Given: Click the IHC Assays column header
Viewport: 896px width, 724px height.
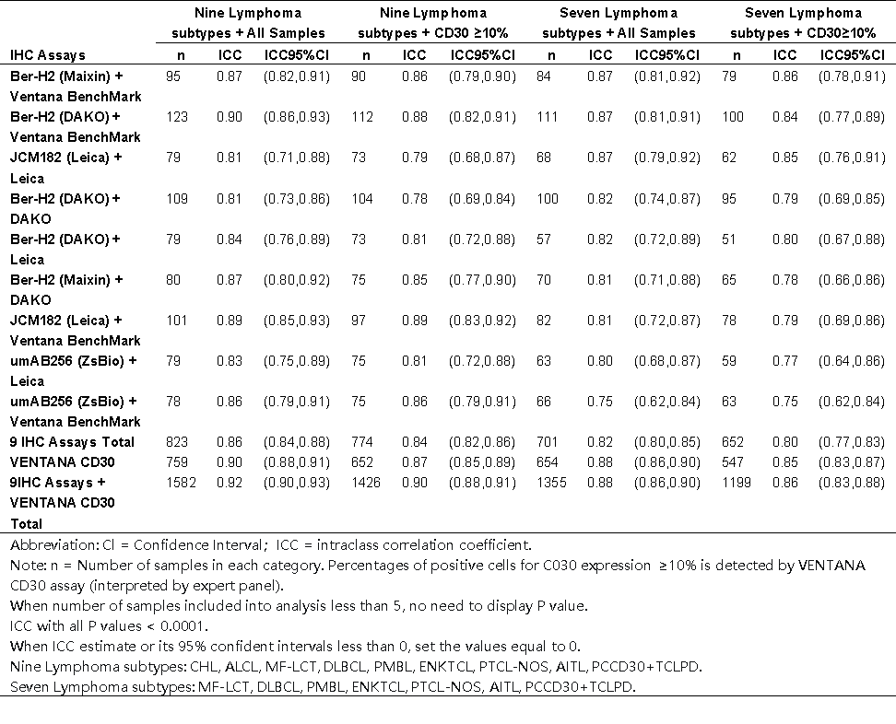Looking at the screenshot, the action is tap(48, 55).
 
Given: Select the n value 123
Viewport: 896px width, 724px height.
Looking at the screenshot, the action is tap(177, 117).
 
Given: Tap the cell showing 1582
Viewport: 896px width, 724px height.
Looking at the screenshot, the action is tap(181, 483).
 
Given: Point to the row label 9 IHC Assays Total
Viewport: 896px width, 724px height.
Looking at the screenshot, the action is tap(72, 442).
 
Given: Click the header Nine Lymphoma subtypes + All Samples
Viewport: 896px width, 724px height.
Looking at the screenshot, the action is tap(248, 23).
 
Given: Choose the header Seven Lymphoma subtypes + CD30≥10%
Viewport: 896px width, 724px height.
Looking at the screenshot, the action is tap(803, 23).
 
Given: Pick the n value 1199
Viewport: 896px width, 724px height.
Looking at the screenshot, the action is tap(736, 483).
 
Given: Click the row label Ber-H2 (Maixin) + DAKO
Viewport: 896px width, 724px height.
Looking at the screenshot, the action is tap(66, 289).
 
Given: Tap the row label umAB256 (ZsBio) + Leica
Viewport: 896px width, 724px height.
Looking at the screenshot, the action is tap(73, 370).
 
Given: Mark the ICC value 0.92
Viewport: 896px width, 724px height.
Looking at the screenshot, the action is tap(230, 483).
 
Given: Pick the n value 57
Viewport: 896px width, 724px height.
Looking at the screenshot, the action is tap(544, 239).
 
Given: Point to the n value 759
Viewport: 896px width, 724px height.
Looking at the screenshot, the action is tap(177, 461).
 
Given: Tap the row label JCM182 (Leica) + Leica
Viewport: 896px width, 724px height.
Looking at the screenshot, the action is tap(65, 168).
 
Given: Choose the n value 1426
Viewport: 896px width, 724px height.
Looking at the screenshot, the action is tap(366, 483).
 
